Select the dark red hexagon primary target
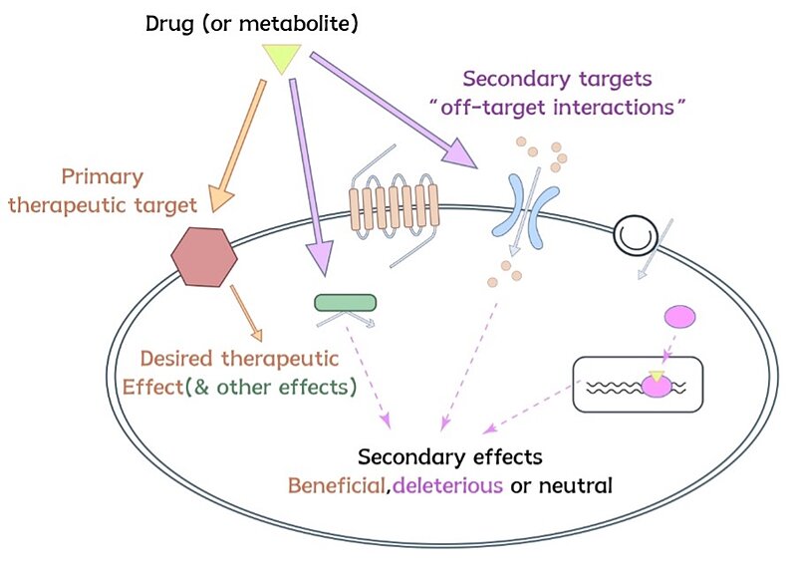coord(204,255)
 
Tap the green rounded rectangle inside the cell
coord(345,302)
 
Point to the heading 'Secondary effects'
coord(449,457)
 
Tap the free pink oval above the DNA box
coord(679,318)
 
